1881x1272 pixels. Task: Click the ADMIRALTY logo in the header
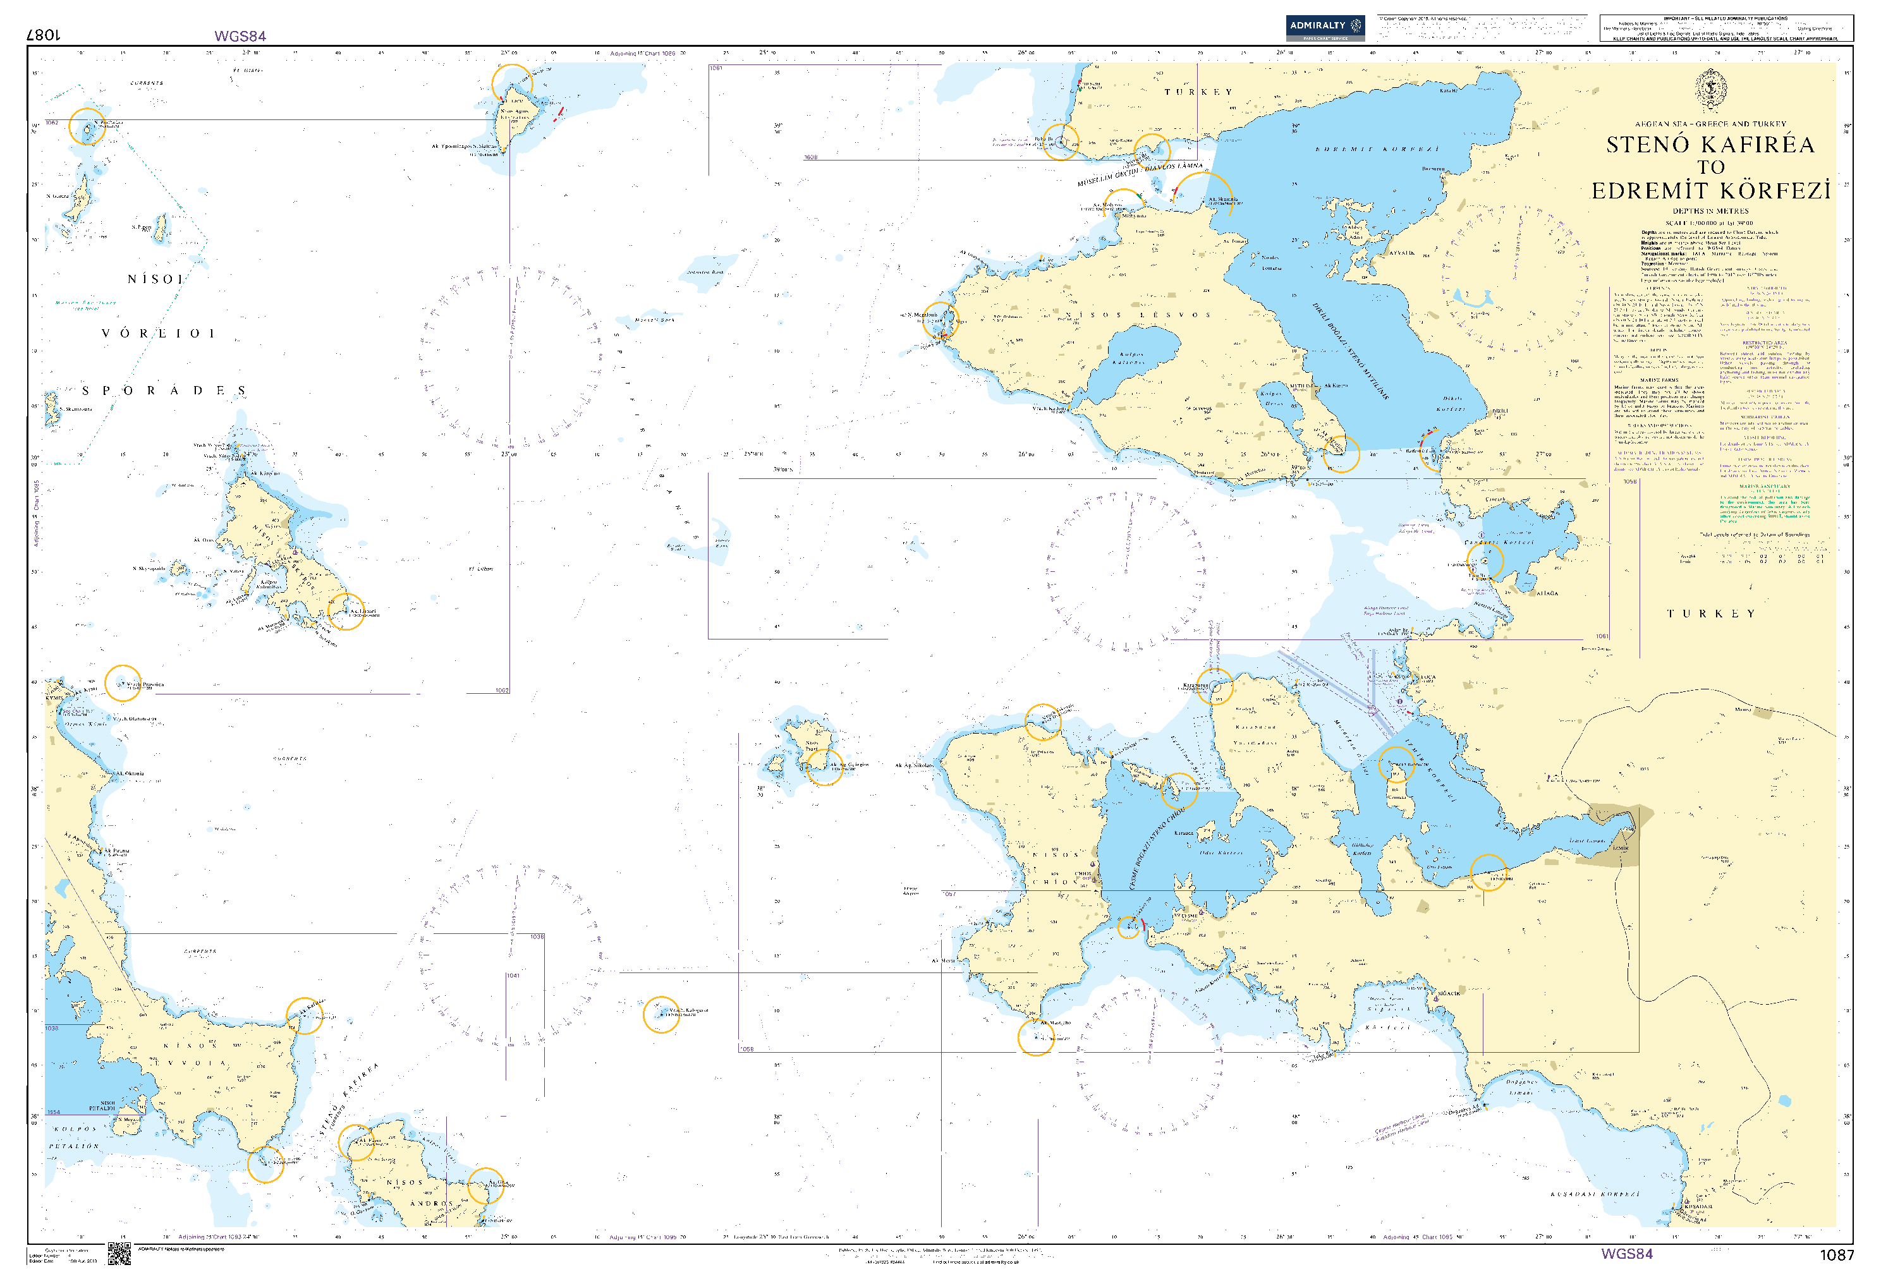coord(1324,28)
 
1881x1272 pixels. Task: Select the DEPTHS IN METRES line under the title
coord(1710,211)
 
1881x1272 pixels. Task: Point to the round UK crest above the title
coord(1711,89)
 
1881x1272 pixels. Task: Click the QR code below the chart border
coord(119,1254)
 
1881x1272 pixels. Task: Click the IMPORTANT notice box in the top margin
coord(1725,28)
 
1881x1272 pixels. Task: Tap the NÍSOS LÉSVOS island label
coord(1137,315)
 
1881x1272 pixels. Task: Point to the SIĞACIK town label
coord(1448,993)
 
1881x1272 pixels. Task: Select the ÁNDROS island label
coord(430,1203)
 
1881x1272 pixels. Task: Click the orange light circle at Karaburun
coord(1215,686)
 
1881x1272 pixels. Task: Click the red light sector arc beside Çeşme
coord(1142,923)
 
